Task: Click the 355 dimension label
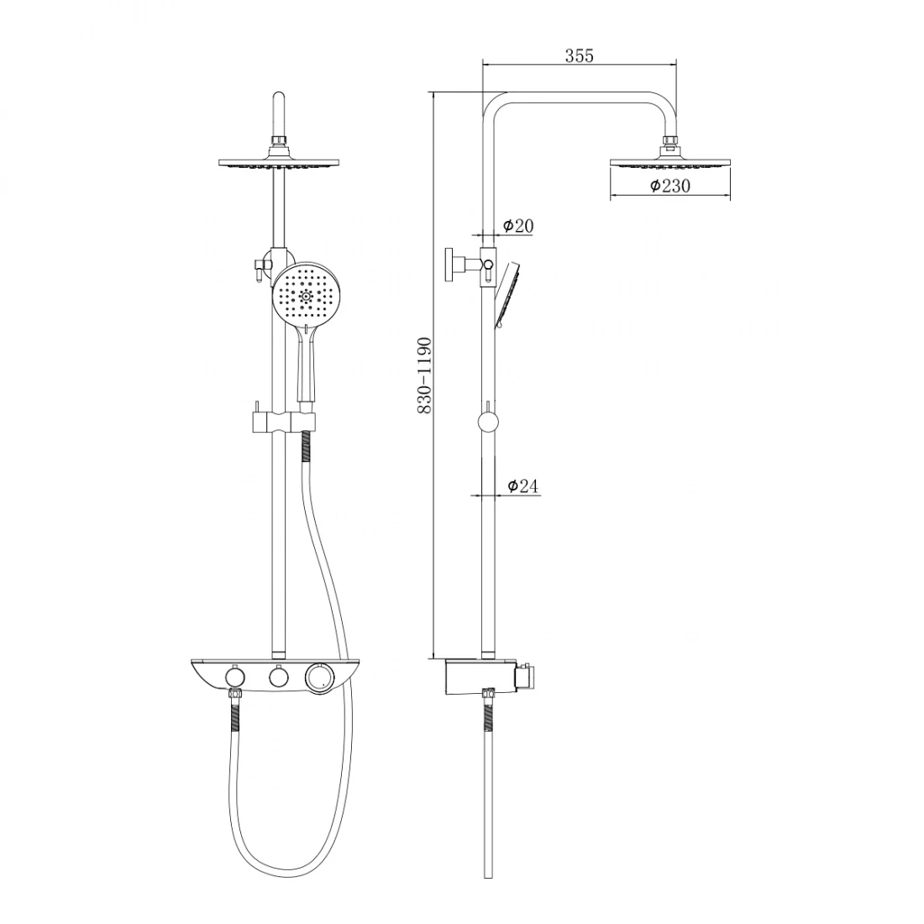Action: coord(580,55)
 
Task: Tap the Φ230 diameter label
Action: coord(670,186)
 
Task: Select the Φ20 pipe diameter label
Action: coord(518,225)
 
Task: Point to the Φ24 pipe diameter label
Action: coord(522,486)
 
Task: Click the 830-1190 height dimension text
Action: coord(425,375)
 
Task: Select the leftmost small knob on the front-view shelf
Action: coord(235,677)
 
